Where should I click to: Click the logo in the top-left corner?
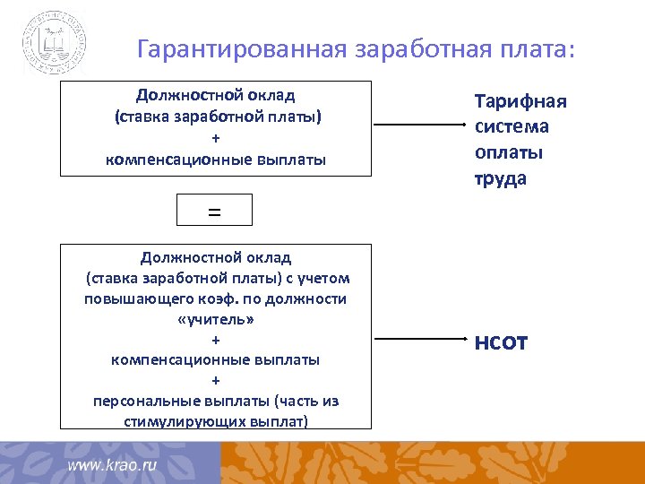[x=54, y=42]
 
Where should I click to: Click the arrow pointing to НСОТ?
[x=416, y=341]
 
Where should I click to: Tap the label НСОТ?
[x=501, y=342]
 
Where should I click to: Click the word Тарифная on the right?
[x=520, y=101]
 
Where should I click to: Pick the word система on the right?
[x=512, y=126]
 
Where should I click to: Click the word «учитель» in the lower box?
[x=215, y=319]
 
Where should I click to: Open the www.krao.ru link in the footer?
[x=112, y=465]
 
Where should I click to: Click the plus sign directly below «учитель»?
[x=215, y=340]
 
